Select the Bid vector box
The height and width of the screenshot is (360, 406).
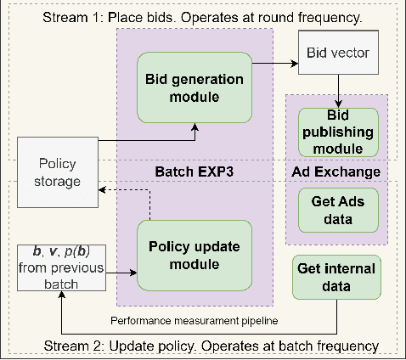[337, 52]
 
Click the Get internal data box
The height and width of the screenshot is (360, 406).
[337, 278]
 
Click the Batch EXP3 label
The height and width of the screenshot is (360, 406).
[193, 170]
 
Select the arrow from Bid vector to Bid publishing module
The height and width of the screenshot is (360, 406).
[339, 91]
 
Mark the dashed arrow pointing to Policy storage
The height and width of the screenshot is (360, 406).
[127, 190]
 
